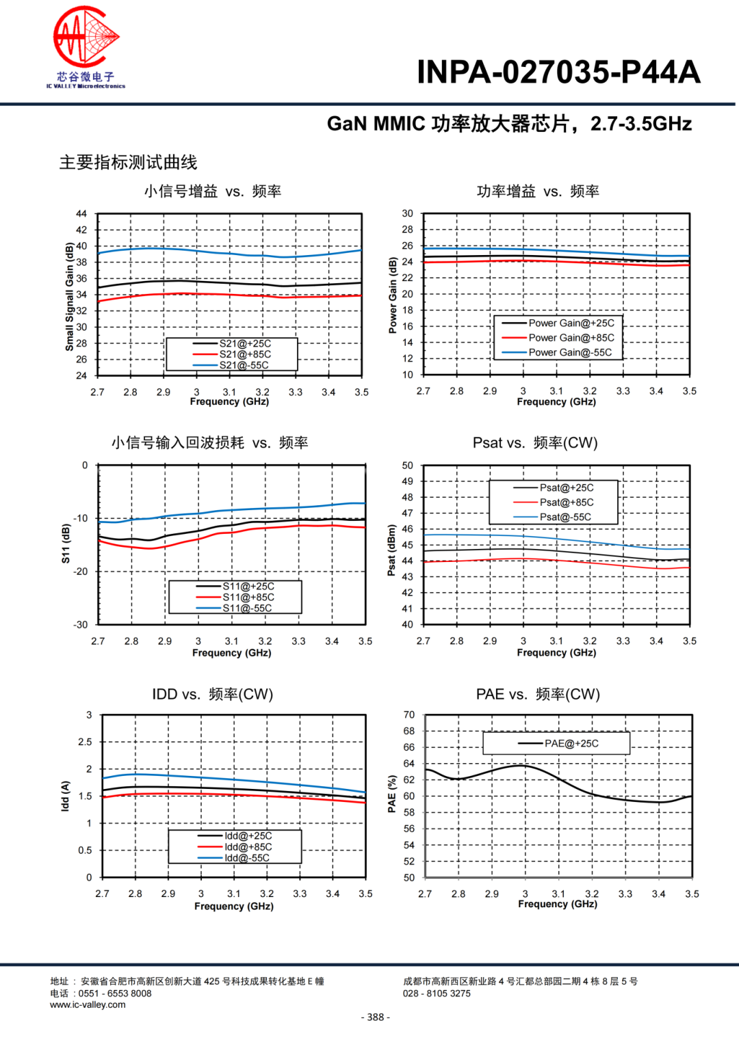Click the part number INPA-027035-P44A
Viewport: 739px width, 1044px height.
558,72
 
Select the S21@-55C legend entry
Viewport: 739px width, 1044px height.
244,365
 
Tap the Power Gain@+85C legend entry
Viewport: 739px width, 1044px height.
571,338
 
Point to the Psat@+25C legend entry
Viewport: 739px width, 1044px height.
566,487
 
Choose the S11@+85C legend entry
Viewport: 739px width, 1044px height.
248,597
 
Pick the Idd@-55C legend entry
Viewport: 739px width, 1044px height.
246,858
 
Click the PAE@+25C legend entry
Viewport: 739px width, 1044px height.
571,743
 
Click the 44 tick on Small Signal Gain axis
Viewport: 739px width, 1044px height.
81,213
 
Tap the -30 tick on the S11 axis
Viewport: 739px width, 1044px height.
81,624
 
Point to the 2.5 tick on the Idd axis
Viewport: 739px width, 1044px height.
85,742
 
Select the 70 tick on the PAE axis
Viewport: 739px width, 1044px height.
409,714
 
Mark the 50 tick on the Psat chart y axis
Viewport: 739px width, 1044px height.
407,465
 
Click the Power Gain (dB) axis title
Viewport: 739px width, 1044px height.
392,295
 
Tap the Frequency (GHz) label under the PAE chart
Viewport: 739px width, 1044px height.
557,904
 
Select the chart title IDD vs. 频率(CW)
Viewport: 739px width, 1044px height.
212,695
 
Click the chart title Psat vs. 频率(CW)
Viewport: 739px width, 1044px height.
535,443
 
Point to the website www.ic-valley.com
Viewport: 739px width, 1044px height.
88,1004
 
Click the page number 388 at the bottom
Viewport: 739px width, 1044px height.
375,1017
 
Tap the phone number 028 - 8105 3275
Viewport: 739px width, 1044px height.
437,993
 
